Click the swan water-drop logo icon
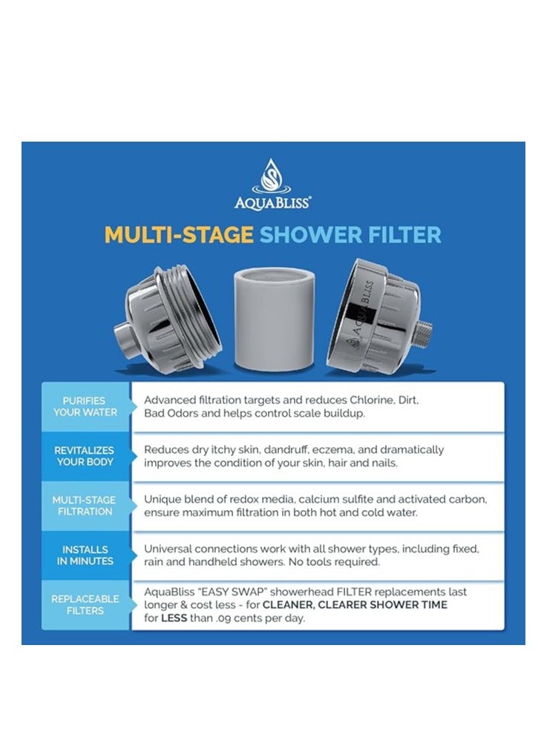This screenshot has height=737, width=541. [x=272, y=178]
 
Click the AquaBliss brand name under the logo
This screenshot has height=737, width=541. [x=272, y=202]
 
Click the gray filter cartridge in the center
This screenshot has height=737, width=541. [x=275, y=319]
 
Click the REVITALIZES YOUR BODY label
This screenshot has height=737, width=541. [x=85, y=456]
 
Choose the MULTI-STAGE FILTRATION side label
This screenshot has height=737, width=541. [x=85, y=506]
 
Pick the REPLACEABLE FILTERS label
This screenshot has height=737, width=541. [x=84, y=605]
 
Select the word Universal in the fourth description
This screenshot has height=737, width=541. [x=168, y=549]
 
